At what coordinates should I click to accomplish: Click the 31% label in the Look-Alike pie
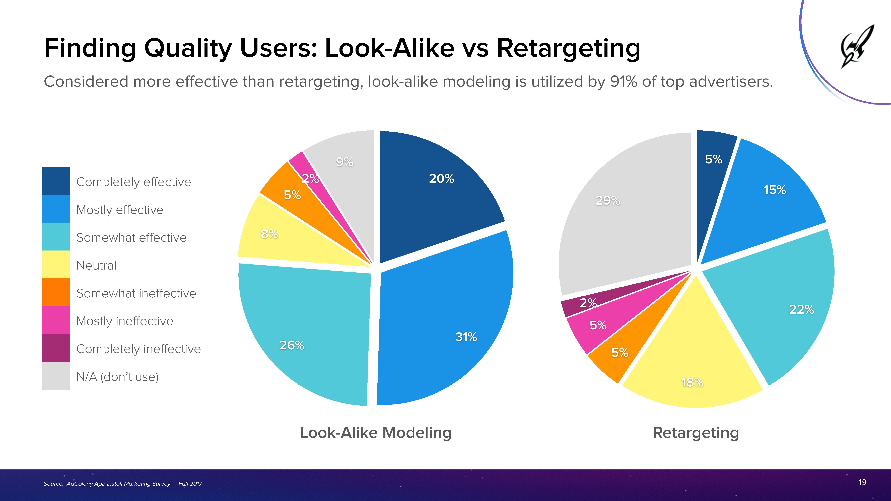466,337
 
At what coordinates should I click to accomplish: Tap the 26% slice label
292,345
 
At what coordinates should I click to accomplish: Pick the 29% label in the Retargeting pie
608,200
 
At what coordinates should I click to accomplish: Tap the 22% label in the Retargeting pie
801,309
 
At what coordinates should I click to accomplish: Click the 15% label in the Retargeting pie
774,190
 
